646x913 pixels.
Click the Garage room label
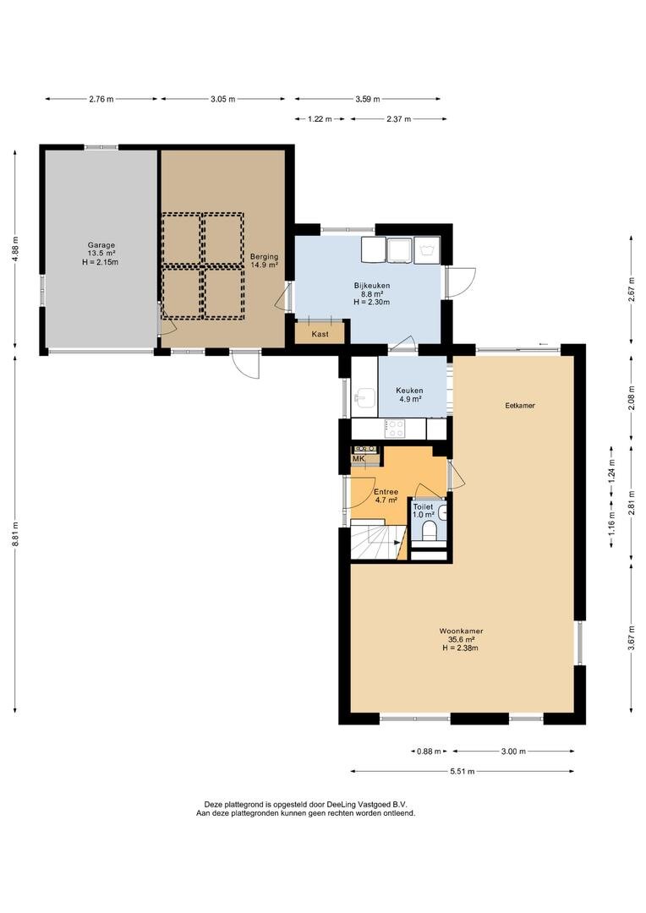coord(101,245)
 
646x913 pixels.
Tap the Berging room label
coord(264,256)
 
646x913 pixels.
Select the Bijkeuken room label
coord(372,286)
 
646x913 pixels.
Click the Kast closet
coord(320,334)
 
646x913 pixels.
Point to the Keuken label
coord(409,390)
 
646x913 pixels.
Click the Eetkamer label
coord(520,405)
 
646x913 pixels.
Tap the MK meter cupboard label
coord(359,459)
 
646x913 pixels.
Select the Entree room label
coord(386,492)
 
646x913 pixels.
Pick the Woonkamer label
coord(461,631)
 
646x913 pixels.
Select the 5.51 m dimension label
coord(462,772)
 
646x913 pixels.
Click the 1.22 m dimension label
coord(320,119)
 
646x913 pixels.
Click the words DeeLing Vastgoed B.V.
coord(366,802)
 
